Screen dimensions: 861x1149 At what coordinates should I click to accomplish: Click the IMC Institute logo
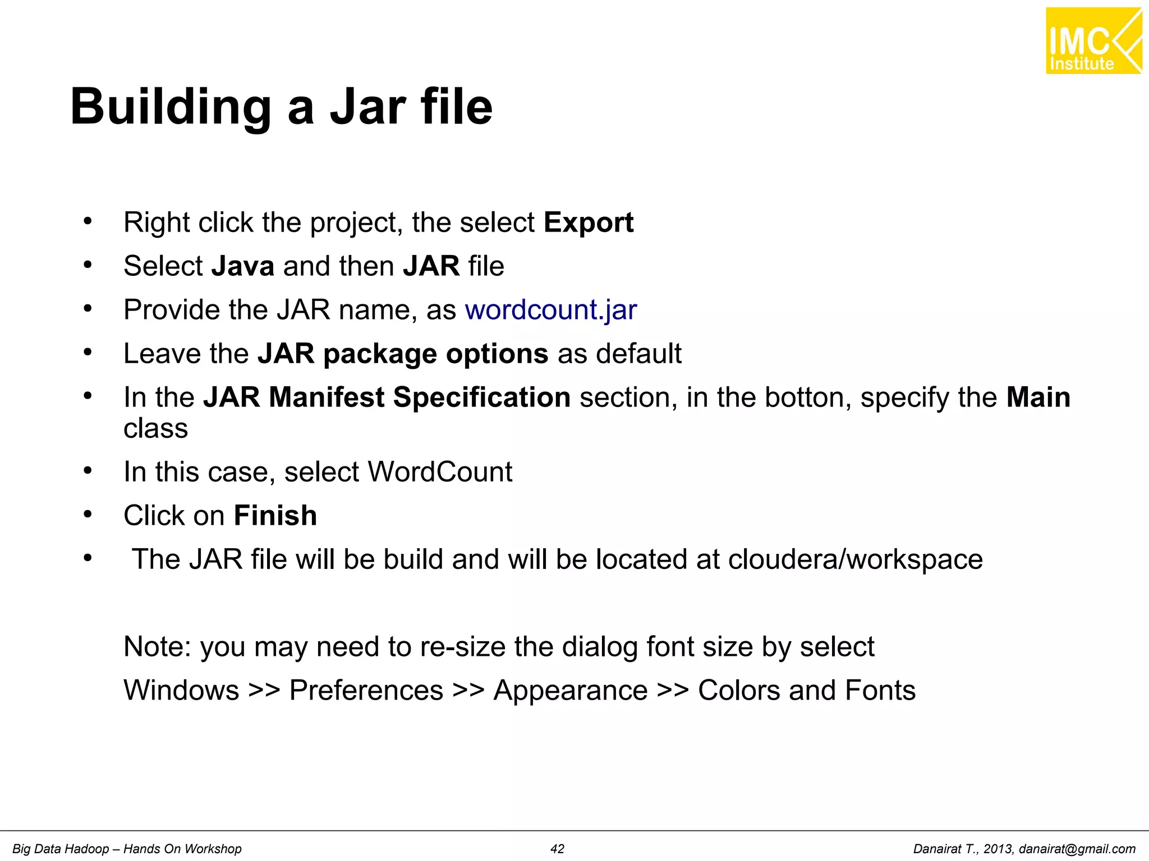(1093, 41)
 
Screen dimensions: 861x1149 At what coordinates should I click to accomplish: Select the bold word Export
(589, 223)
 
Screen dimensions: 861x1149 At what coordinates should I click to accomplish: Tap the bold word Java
(243, 266)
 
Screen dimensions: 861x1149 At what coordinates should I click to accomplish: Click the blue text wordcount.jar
(551, 310)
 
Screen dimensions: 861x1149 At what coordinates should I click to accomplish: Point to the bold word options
(497, 354)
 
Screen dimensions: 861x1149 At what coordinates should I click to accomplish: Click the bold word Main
(1038, 397)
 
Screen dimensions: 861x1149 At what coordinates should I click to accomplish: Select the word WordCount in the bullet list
(440, 472)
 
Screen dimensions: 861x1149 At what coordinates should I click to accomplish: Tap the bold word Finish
(275, 516)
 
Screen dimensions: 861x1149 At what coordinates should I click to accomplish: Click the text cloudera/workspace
(856, 559)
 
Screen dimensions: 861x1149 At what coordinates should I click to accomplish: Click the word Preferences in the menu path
(366, 691)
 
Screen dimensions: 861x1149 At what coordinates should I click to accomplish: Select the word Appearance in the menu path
(571, 691)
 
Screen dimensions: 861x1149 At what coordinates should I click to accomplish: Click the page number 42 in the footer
(557, 849)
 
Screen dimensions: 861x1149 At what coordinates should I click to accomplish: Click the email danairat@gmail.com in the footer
(1077, 849)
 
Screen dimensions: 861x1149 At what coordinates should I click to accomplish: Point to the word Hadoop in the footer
(87, 849)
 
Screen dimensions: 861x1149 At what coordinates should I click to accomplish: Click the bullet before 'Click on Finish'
(88, 514)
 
